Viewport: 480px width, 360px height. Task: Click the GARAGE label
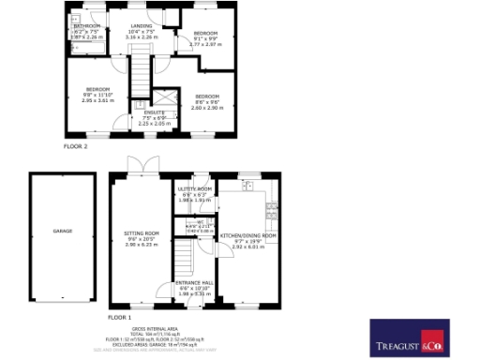pyautogui.click(x=50, y=230)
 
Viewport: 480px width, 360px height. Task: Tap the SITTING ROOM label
pyautogui.click(x=142, y=232)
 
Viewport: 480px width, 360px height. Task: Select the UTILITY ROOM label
pyautogui.click(x=195, y=188)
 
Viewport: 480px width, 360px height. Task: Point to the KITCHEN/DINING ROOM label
pyautogui.click(x=248, y=236)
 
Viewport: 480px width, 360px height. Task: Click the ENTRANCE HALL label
pyautogui.click(x=195, y=281)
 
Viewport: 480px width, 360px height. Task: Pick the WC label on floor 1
pyautogui.click(x=200, y=221)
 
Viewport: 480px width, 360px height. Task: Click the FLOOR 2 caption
pyautogui.click(x=75, y=147)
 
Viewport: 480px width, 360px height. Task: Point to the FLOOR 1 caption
pyautogui.click(x=119, y=304)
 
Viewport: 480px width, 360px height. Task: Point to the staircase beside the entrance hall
pyautogui.click(x=183, y=255)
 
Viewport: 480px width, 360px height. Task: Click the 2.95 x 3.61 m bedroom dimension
pyautogui.click(x=97, y=99)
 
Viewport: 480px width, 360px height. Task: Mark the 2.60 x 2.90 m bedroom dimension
pyautogui.click(x=206, y=108)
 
